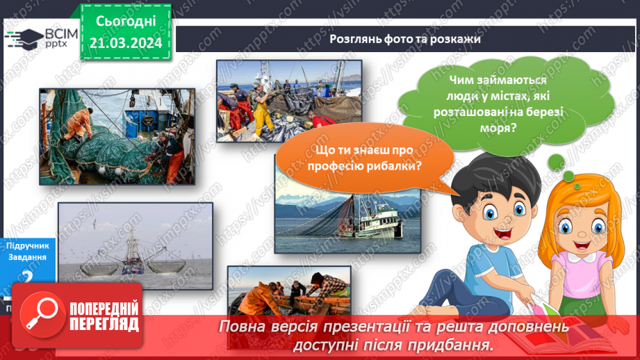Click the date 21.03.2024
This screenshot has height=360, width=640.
[125, 43]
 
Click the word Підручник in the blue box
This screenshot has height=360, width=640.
[26, 245]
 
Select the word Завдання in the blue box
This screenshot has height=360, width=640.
[26, 257]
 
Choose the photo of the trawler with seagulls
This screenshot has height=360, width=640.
[135, 245]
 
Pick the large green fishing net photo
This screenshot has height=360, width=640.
[116, 136]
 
